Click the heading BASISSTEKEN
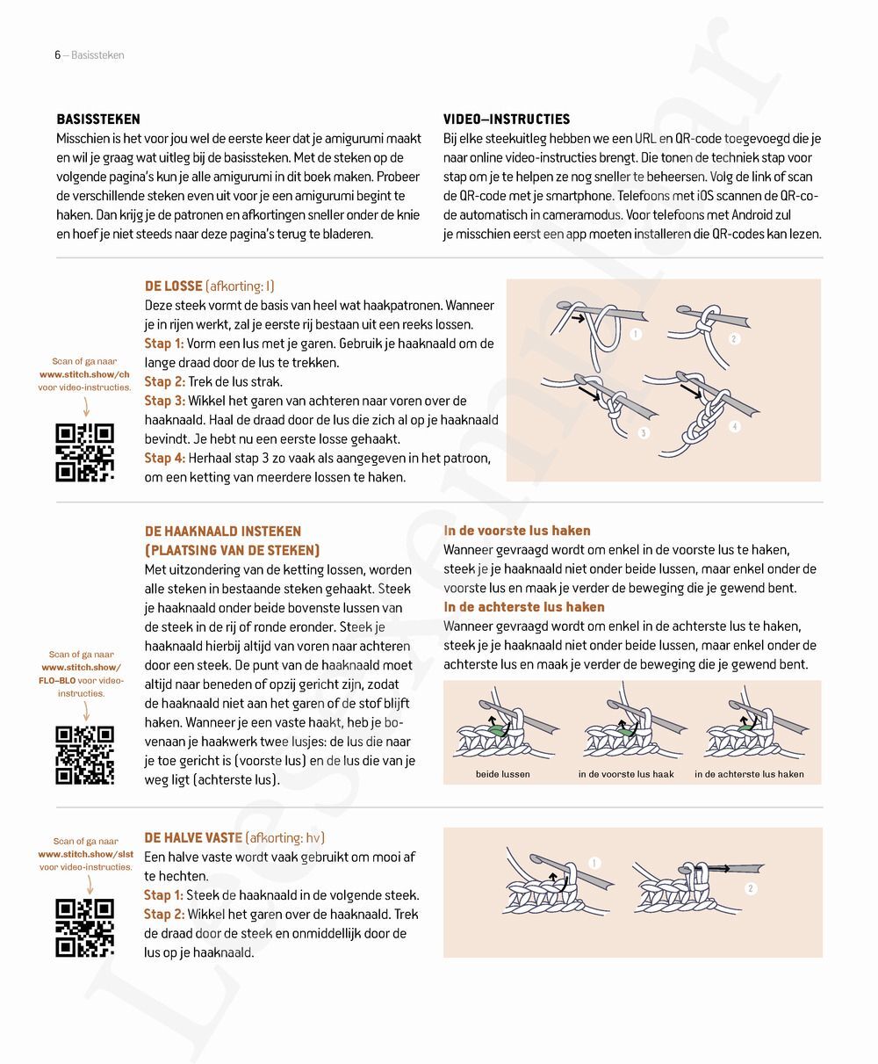click(98, 119)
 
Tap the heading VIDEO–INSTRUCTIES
click(507, 119)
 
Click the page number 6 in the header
click(57, 55)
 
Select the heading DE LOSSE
click(173, 286)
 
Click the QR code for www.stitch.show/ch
click(85, 452)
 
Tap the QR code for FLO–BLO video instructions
click(85, 755)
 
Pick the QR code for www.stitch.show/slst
click(85, 927)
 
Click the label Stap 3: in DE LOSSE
click(164, 401)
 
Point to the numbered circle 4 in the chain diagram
click(734, 427)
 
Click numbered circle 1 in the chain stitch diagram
click(636, 334)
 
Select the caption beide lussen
click(502, 774)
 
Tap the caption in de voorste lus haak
click(626, 774)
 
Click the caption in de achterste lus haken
click(749, 774)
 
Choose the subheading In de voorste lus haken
click(517, 531)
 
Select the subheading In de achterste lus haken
click(524, 607)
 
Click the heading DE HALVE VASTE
click(193, 838)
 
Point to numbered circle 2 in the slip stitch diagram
click(751, 889)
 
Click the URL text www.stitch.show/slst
click(85, 854)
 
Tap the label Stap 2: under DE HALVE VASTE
click(164, 915)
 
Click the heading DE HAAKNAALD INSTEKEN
click(222, 532)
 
